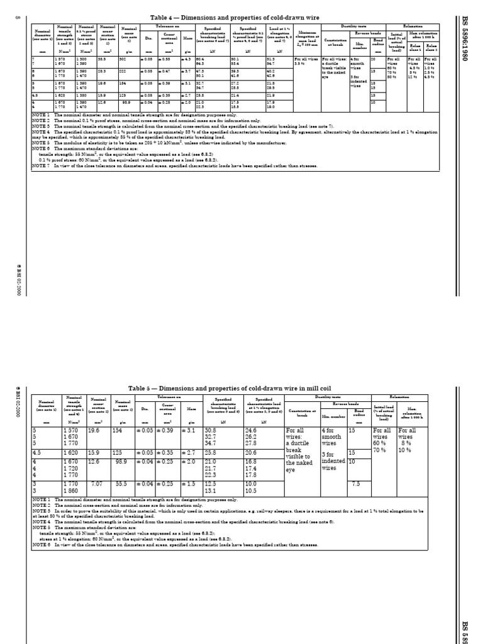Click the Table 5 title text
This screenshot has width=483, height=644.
pyautogui.click(x=238, y=389)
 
